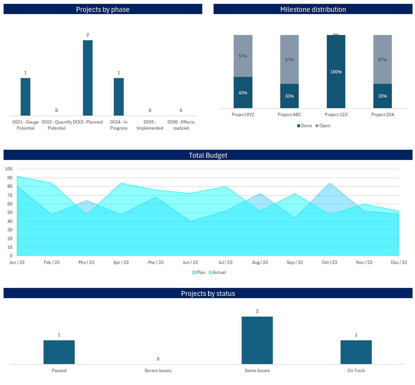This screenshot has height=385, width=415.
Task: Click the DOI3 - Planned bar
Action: tap(88, 78)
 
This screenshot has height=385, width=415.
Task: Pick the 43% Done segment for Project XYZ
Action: tap(243, 92)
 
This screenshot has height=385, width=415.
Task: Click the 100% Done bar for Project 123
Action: tap(336, 72)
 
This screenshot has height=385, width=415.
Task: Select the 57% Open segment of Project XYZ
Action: tap(243, 56)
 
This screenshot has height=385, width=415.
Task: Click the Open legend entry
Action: tap(323, 126)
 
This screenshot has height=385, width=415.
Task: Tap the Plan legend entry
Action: tap(199, 272)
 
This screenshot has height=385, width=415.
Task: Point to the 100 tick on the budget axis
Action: tap(9, 169)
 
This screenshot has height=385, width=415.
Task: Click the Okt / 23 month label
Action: tap(329, 262)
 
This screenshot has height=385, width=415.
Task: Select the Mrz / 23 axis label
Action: tap(86, 262)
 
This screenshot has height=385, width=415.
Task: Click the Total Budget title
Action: tap(208, 155)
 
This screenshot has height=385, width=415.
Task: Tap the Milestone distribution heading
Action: tap(313, 9)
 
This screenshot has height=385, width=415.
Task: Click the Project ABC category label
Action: tap(289, 114)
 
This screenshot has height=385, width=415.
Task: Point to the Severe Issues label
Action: tap(158, 370)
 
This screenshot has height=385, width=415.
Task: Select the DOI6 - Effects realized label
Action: tap(181, 125)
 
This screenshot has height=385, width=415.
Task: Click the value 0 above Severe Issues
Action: tap(158, 359)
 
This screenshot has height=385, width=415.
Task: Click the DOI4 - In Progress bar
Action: tap(119, 97)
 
